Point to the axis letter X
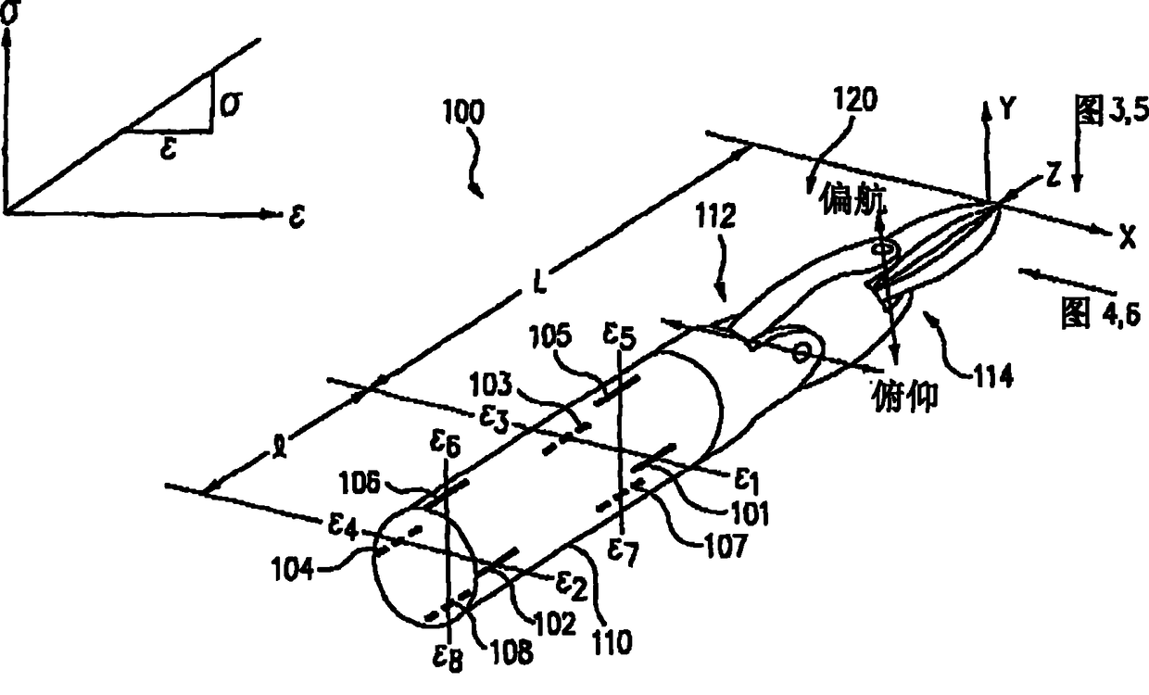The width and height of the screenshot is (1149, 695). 1126,238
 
